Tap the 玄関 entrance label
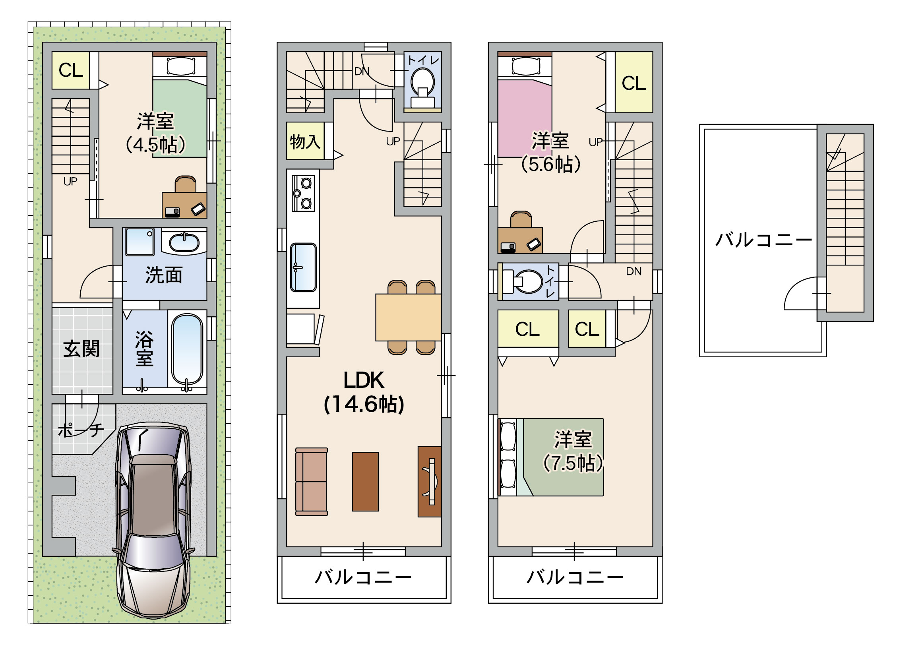coord(81,349)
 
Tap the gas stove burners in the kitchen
coord(303,194)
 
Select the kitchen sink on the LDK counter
coord(303,267)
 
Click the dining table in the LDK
coord(408,317)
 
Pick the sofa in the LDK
coord(312,482)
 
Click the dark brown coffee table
coord(365,481)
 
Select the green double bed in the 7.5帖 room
coord(551,457)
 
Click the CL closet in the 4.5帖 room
coord(71,70)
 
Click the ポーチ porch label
coord(81,430)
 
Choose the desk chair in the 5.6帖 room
coord(521,219)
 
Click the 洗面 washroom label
coord(164,275)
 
